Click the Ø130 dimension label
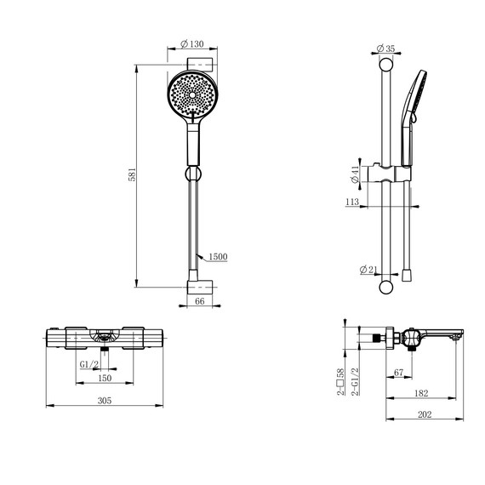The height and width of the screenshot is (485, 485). (192, 44)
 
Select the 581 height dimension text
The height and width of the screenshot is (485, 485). (132, 174)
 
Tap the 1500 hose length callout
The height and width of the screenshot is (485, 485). (218, 257)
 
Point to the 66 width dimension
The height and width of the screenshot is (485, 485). (200, 301)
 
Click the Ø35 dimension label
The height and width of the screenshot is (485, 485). (386, 48)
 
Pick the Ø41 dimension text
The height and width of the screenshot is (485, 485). (355, 174)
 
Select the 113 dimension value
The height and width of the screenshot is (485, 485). (352, 202)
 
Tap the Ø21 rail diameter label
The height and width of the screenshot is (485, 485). (368, 270)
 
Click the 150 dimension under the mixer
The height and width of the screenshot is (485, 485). (105, 378)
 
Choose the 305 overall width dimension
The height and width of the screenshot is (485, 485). (105, 401)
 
